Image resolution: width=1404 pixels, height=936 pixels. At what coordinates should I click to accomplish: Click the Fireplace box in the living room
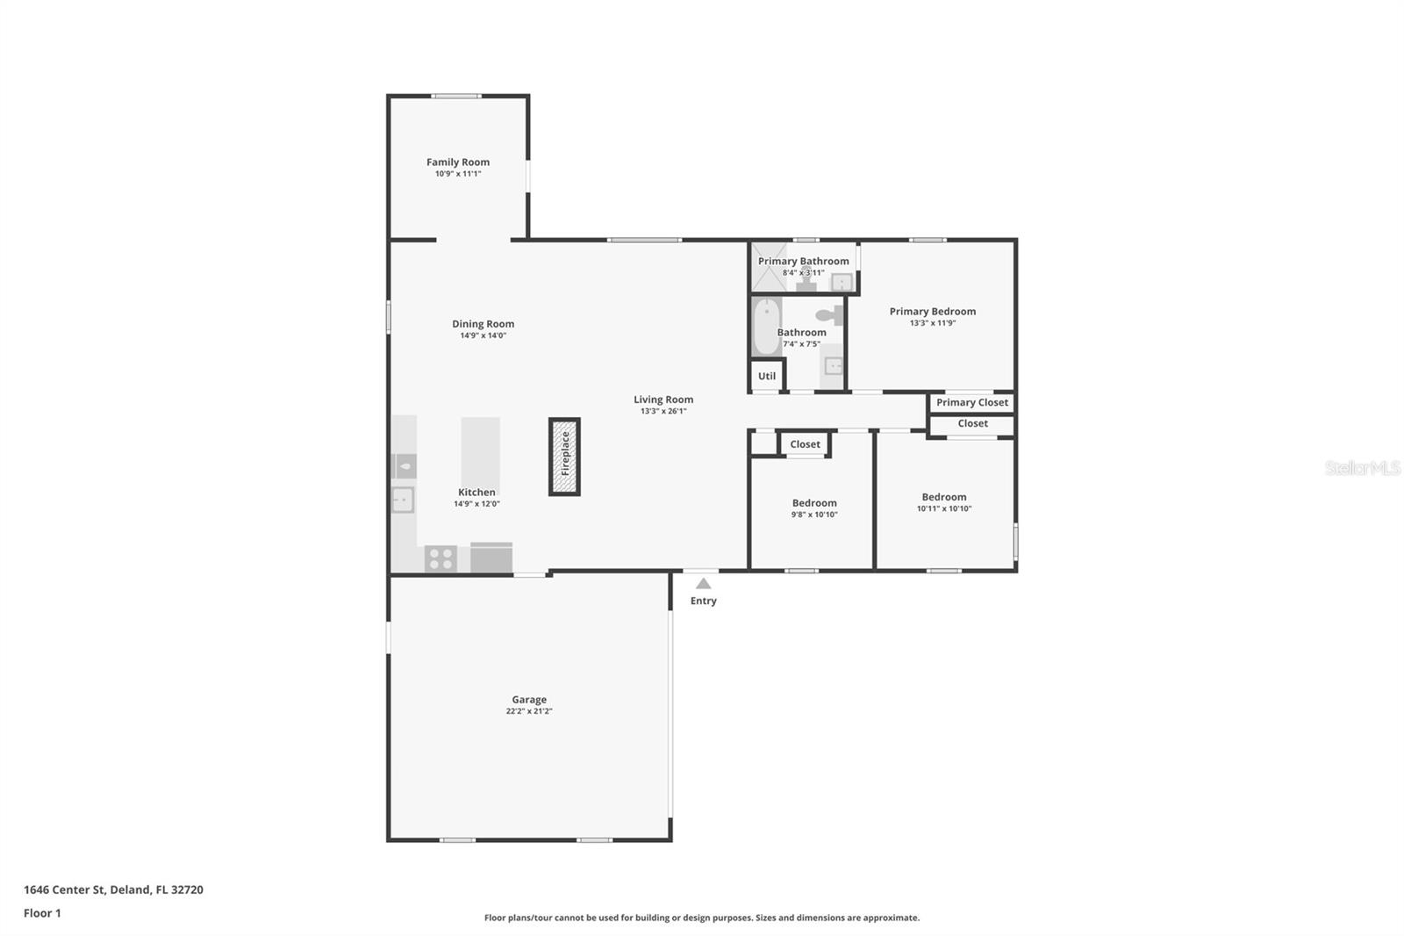(564, 456)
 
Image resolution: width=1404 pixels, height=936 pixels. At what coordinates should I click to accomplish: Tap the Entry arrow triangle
(703, 583)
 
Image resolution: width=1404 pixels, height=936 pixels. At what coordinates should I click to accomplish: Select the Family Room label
(458, 162)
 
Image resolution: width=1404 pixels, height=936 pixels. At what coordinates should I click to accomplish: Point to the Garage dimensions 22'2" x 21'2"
(529, 711)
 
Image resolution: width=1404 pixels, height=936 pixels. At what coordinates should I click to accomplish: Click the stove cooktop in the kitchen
(441, 558)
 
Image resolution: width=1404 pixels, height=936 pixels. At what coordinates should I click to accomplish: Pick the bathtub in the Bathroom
(767, 327)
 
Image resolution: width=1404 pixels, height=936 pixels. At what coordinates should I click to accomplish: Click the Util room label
(767, 376)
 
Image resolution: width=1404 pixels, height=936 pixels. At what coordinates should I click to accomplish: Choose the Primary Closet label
(972, 402)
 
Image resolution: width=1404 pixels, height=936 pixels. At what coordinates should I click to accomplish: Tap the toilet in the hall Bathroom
(830, 314)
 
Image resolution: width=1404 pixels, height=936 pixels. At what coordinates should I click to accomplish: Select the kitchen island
(480, 450)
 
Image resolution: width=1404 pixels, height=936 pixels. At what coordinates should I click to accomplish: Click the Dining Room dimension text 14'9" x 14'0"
(484, 335)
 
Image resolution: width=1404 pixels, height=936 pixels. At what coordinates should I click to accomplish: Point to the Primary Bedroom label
(933, 311)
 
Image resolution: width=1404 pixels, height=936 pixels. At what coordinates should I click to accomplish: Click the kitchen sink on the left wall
(403, 500)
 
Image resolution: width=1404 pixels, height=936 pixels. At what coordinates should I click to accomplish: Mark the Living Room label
(663, 399)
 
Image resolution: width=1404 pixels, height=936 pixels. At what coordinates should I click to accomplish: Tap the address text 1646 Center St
(64, 889)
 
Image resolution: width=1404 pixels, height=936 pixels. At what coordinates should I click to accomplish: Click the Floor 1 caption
(43, 913)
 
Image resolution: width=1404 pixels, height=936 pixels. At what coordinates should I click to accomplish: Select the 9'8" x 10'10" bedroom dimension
(814, 515)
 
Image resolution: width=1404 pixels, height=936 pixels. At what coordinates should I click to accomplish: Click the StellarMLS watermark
(1362, 467)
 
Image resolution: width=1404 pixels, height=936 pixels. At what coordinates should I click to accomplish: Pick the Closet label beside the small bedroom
(805, 444)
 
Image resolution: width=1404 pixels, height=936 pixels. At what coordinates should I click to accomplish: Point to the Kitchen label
(476, 492)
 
